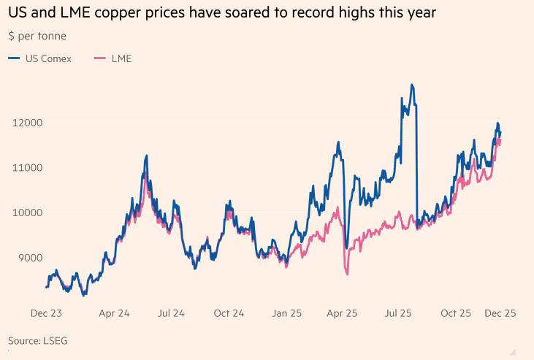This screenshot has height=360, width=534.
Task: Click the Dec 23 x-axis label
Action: pos(45,313)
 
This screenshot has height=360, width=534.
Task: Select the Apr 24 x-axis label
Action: pos(114,313)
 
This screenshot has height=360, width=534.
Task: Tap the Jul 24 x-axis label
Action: pos(170,313)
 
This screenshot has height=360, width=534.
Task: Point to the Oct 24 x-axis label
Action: pos(229,313)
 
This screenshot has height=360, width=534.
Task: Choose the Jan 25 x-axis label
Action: pos(286,313)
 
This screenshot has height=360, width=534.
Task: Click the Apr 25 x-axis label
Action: pos(342,313)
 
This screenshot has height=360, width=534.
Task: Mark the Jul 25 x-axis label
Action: pos(399,313)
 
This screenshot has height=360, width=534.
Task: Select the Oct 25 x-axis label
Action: pos(456,313)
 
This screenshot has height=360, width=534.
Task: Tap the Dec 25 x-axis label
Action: pos(500,313)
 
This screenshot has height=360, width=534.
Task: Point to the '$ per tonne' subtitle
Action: pos(37,36)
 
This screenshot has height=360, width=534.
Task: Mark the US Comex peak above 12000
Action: pos(413,85)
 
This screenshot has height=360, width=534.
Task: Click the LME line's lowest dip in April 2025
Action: pos(347,274)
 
